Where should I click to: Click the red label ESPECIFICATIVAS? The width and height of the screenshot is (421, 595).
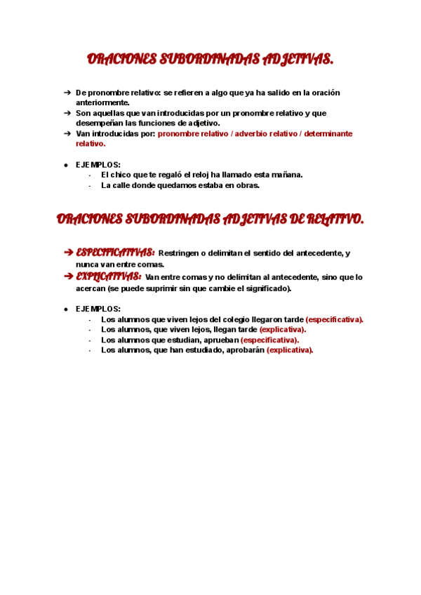[116, 253]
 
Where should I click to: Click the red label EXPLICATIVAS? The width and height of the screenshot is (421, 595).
[109, 276]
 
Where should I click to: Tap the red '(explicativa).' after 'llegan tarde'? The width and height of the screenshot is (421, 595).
[283, 330]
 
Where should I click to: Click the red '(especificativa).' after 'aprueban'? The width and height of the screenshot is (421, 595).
[269, 340]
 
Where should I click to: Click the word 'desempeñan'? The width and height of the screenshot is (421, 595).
[100, 123]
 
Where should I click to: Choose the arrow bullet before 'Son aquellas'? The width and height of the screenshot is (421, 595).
[67, 113]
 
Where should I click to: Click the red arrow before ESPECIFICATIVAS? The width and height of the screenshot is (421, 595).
[68, 253]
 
